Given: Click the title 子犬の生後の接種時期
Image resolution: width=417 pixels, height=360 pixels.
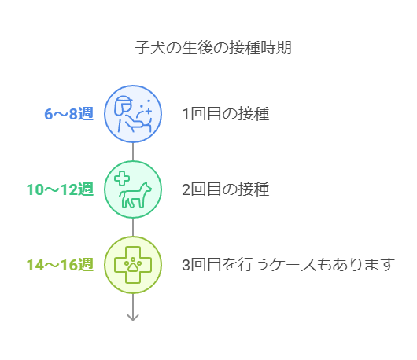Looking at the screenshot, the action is (x=213, y=48).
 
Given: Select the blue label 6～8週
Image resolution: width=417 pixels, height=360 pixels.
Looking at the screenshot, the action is (x=69, y=114).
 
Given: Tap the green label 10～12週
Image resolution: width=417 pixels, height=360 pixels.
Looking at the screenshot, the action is (x=60, y=189).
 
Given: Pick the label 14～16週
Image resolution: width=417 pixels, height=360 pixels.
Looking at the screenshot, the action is (x=60, y=265).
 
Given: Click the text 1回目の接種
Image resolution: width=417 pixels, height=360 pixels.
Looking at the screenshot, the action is (x=226, y=114).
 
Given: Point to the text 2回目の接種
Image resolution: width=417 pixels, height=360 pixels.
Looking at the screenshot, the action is (x=226, y=189).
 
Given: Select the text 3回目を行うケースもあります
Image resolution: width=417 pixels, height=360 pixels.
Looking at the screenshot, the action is (x=288, y=265).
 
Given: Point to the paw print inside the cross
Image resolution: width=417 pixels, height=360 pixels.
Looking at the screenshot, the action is (x=133, y=264).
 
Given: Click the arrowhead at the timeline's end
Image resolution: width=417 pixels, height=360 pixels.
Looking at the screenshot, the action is (x=133, y=318).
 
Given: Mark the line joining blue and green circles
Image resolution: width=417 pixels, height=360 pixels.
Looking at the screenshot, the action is (x=133, y=152).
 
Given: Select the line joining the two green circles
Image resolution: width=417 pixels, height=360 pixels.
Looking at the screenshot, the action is (x=133, y=227).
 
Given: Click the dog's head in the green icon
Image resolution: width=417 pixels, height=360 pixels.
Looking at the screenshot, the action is (x=146, y=187).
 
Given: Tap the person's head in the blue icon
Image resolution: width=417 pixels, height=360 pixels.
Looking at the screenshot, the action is (x=123, y=105).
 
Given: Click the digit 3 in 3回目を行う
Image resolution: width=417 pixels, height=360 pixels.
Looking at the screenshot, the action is (x=186, y=265).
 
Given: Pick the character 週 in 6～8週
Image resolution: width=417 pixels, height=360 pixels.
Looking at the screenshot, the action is (x=86, y=114).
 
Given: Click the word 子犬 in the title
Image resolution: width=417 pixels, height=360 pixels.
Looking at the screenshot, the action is (x=150, y=48).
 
